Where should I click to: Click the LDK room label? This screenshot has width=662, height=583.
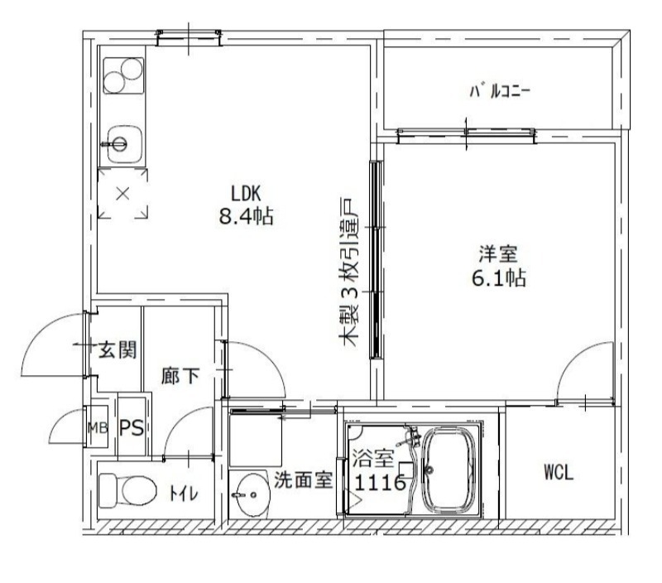pyautogui.click(x=246, y=194)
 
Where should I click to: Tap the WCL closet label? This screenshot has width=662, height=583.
pyautogui.click(x=559, y=473)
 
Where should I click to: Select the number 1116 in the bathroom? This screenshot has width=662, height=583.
pyautogui.click(x=380, y=483)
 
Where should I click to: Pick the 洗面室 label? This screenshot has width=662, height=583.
pyautogui.click(x=304, y=480)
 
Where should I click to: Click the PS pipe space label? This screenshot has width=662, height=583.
pyautogui.click(x=132, y=428)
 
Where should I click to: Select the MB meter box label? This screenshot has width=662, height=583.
pyautogui.click(x=98, y=428)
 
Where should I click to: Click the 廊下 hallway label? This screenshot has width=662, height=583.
pyautogui.click(x=180, y=376)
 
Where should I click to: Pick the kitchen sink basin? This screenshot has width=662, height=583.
pyautogui.click(x=118, y=144)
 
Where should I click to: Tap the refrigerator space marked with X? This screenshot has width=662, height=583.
pyautogui.click(x=122, y=195)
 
